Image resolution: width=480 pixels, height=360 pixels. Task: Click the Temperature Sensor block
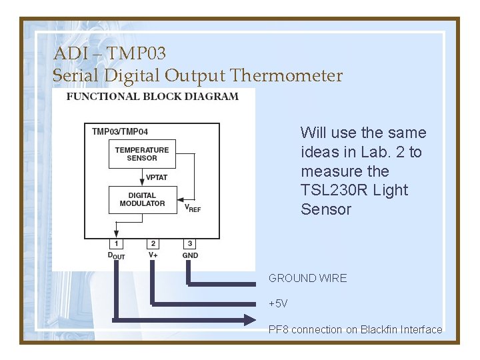pyautogui.click(x=141, y=154)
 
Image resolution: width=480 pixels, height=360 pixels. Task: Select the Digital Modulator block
pyautogui.click(x=141, y=199)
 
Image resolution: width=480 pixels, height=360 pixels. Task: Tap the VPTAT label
pyautogui.click(x=157, y=177)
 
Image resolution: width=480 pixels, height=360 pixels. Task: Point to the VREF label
pyautogui.click(x=192, y=207)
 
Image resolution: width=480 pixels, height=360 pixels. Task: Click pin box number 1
pyautogui.click(x=117, y=244)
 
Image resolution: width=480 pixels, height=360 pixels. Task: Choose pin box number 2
pyautogui.click(x=153, y=244)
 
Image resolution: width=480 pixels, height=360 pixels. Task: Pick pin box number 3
pyautogui.click(x=190, y=244)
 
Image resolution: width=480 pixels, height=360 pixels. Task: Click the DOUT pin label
pyautogui.click(x=116, y=255)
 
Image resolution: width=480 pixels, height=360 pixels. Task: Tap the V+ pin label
pyautogui.click(x=153, y=255)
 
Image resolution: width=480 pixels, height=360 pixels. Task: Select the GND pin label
pyautogui.click(x=190, y=255)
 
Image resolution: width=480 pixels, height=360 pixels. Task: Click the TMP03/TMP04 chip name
pyautogui.click(x=120, y=131)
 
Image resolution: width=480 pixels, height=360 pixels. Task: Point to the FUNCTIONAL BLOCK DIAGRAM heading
pyautogui.click(x=152, y=97)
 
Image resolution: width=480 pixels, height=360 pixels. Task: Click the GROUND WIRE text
pyautogui.click(x=307, y=278)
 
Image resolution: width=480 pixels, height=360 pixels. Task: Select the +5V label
pyautogui.click(x=278, y=303)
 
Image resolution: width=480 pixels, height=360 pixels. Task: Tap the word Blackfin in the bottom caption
pyautogui.click(x=379, y=329)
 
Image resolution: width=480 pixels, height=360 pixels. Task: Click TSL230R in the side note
pyautogui.click(x=333, y=190)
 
